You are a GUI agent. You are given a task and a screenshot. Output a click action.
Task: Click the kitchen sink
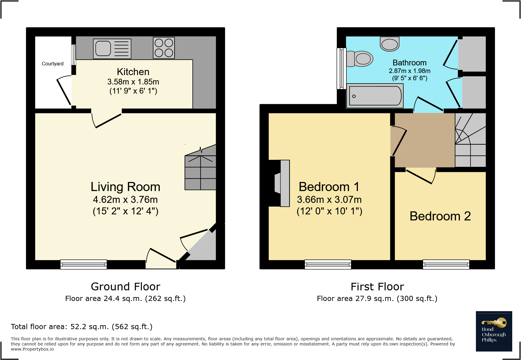point(112,48)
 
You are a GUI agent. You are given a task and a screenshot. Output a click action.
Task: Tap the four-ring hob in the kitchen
point(164,48)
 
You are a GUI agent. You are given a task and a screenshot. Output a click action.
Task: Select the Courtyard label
point(53,64)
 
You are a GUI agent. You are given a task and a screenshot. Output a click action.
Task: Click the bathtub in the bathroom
point(375,96)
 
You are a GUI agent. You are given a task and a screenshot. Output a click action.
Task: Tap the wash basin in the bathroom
point(390,44)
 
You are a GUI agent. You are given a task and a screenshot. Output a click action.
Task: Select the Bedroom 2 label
point(440,216)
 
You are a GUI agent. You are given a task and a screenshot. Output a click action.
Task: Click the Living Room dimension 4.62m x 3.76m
point(125,200)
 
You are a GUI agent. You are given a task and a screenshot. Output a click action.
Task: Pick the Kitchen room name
point(133,72)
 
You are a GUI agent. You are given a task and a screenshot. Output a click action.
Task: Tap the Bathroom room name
point(410,63)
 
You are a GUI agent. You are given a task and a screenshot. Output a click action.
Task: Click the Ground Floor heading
point(126,286)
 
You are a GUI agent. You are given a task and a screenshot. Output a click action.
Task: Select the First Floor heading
point(377,286)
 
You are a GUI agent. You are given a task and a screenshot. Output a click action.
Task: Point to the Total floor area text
point(82,327)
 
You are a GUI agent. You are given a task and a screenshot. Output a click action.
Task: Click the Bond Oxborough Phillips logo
point(494,331)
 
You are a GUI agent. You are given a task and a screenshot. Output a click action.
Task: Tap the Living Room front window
point(84,264)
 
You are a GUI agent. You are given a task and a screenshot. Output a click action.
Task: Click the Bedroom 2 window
point(446,264)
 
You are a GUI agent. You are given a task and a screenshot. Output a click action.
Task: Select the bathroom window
point(342,68)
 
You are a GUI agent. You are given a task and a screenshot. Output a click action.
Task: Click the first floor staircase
point(470,140)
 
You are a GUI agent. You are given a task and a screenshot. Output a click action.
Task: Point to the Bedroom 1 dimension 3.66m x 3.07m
point(329,200)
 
